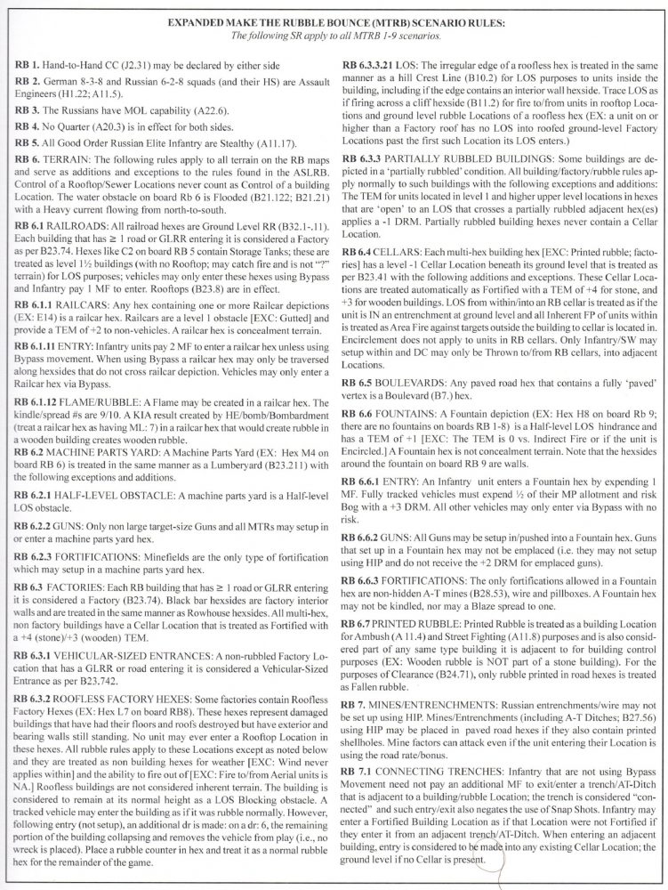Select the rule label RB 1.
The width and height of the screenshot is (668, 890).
point(42,68)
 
